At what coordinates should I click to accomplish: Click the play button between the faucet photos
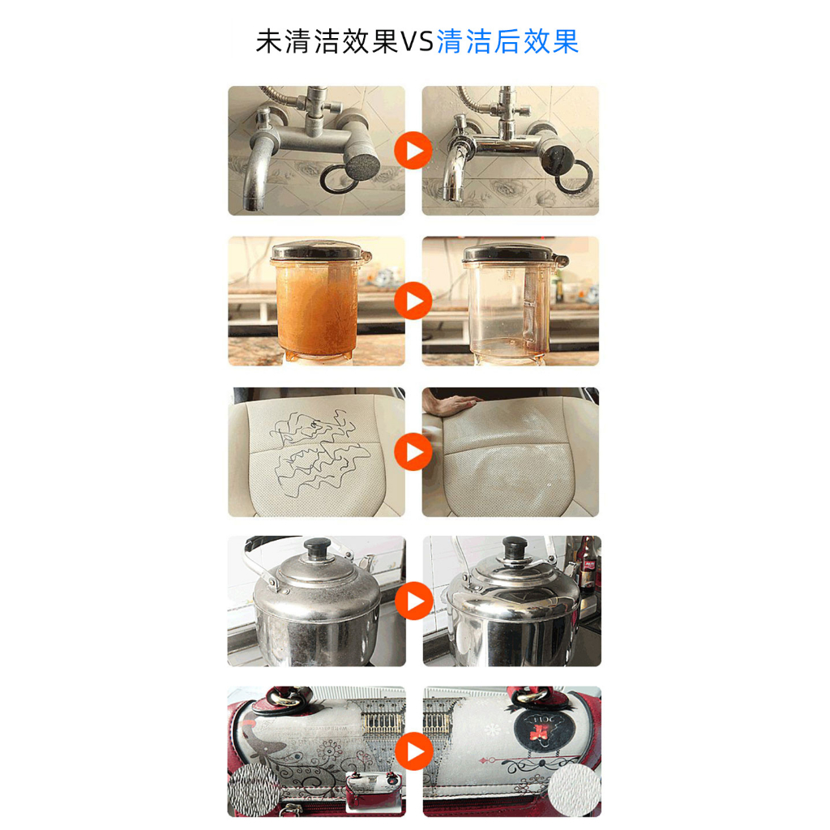coord(413,151)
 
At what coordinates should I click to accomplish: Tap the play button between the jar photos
coord(413,301)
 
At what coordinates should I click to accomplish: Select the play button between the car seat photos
coord(413,451)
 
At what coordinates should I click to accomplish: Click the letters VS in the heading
coord(417,41)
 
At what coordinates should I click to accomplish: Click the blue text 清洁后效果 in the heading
coord(507,41)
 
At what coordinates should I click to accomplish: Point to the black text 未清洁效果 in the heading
coord(327,41)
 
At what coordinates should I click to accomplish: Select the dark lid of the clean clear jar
coord(510,253)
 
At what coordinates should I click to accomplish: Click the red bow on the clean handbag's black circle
coord(540,733)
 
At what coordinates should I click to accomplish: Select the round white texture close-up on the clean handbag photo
coord(574,789)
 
